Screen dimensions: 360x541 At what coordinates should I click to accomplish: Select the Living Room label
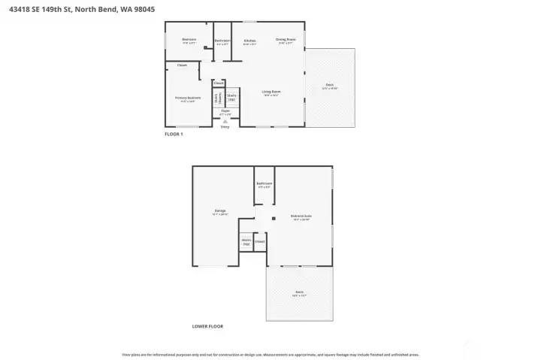tap(270, 92)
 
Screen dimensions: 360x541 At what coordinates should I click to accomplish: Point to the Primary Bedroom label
tap(188, 98)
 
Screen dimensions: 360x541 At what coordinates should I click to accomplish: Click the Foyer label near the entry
tap(225, 111)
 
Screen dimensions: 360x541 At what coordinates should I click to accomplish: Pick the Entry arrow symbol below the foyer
tap(225, 121)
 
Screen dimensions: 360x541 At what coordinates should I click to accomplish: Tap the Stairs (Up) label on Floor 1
tap(232, 97)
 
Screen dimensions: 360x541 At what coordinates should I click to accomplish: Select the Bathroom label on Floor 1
tap(222, 41)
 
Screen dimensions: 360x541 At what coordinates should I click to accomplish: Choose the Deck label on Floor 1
tap(330, 85)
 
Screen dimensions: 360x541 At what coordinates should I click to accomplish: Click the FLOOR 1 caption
tap(174, 134)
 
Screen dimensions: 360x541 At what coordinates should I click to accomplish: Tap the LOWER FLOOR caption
tap(207, 326)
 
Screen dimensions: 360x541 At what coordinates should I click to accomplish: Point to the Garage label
tap(220, 210)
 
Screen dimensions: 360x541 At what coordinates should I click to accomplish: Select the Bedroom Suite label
tap(301, 216)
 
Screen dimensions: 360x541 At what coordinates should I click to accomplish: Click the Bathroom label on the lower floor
tap(264, 183)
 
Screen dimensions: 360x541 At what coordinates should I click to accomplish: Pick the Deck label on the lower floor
tap(299, 292)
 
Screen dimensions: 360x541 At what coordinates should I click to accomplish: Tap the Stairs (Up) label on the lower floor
tap(246, 242)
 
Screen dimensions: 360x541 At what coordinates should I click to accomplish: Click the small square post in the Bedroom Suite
tap(274, 219)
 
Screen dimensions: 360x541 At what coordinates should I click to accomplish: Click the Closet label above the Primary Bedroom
tap(182, 65)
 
